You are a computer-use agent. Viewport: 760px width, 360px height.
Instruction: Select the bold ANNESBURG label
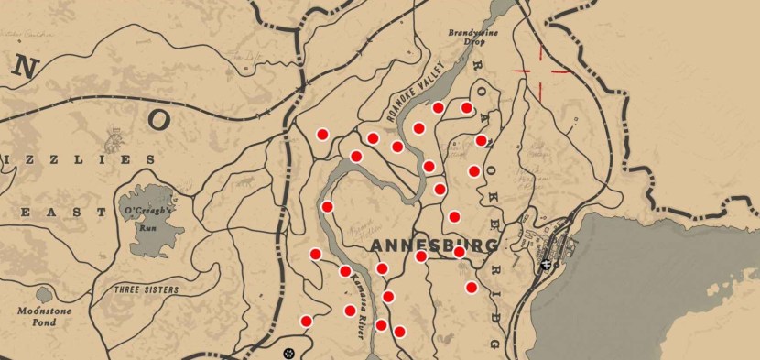(x=435, y=245)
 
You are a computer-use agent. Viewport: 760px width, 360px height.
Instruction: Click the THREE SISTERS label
(x=147, y=289)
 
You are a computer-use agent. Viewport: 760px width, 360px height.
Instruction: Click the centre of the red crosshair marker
(x=540, y=71)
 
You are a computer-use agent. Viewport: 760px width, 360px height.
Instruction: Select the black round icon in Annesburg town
(x=547, y=265)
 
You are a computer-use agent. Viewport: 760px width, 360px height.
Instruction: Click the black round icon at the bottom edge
(x=289, y=352)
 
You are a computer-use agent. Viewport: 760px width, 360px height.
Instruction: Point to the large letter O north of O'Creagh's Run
(x=160, y=119)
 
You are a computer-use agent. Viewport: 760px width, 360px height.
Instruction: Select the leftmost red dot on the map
(x=306, y=321)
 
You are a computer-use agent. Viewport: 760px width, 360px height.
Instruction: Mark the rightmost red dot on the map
(x=481, y=141)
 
